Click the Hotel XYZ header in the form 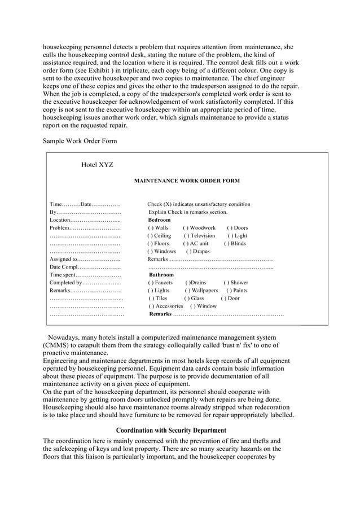(x=97, y=165)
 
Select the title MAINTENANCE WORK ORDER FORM (x=186, y=181)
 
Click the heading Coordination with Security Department (x=171, y=431)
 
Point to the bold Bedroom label (x=159, y=220)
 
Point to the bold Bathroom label (x=161, y=275)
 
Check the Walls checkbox (x=150, y=228)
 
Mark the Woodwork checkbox (x=186, y=228)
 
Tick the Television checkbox (x=186, y=236)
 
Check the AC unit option (x=186, y=244)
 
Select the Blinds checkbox (x=226, y=244)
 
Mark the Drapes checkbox (x=188, y=252)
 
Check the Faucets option (x=151, y=283)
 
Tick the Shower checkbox (x=226, y=283)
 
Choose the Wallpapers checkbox (x=188, y=291)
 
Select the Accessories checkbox (x=151, y=306)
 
